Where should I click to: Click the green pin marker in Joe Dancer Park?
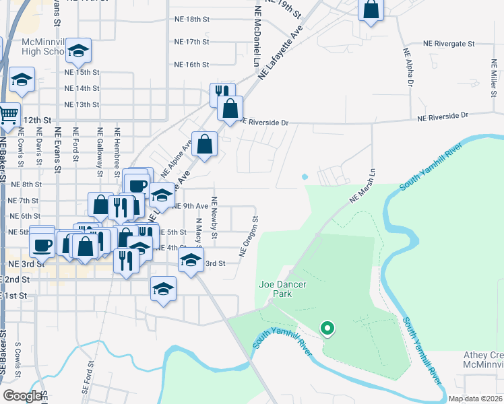click(x=327, y=329)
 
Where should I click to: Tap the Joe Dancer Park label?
click(x=283, y=290)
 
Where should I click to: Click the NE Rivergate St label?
click(x=449, y=43)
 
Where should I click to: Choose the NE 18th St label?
click(x=192, y=20)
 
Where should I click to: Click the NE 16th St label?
click(x=192, y=65)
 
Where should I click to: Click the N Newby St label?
click(x=214, y=217)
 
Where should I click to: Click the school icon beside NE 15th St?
click(x=79, y=51)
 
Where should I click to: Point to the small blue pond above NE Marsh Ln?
click(x=305, y=176)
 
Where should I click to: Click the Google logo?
click(x=22, y=397)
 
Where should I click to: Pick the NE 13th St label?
click(x=82, y=105)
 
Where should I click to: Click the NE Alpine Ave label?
click(x=177, y=156)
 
